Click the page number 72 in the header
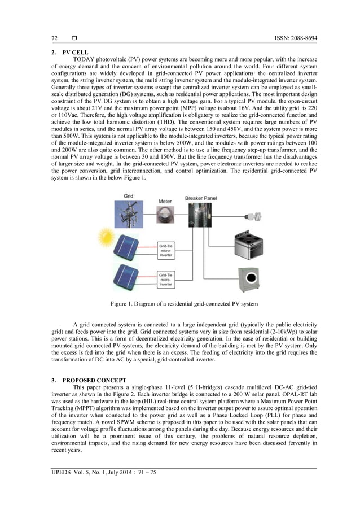pyautogui.click(x=54, y=38)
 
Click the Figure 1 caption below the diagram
pyautogui.click(x=184, y=304)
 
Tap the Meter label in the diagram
pyautogui.click(x=164, y=200)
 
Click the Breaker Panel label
pyautogui.click(x=201, y=198)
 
